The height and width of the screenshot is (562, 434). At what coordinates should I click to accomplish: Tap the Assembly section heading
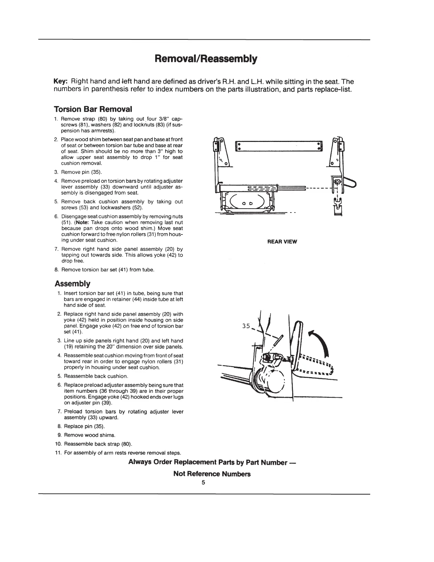coord(72,284)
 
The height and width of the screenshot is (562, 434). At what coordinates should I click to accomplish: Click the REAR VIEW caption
coord(282,242)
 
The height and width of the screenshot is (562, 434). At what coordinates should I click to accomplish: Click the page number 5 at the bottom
coord(204,483)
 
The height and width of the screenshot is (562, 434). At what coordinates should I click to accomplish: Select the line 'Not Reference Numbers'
coord(212,474)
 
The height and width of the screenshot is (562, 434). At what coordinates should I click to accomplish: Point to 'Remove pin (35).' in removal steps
coord(82,172)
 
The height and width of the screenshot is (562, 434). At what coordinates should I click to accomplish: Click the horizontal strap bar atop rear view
coord(279,145)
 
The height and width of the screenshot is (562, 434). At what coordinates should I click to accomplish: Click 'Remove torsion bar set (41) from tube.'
coord(108,270)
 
